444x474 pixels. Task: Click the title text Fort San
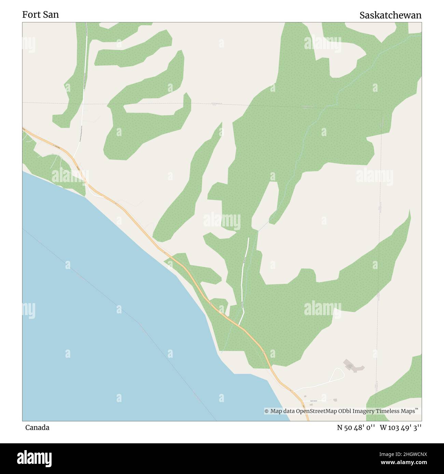(40, 15)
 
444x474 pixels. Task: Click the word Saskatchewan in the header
(390, 15)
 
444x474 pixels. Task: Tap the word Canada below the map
(37, 428)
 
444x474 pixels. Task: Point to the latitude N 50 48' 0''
(356, 428)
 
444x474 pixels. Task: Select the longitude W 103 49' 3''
(400, 428)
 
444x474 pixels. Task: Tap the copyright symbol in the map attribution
(267, 411)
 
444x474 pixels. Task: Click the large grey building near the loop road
(353, 366)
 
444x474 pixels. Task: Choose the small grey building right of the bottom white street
(335, 400)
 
